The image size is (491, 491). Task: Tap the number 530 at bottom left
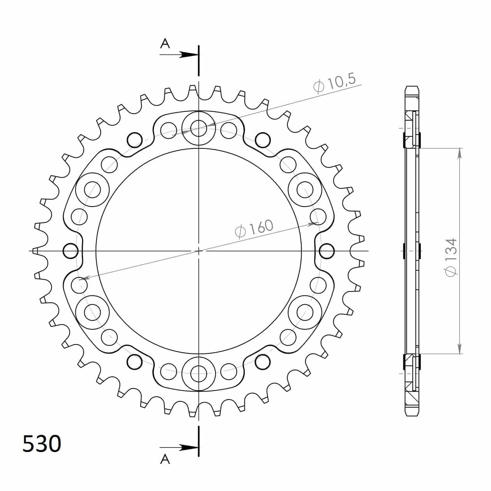coord(42,443)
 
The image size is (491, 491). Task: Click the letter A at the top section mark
coord(165,43)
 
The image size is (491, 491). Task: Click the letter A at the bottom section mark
coord(165,460)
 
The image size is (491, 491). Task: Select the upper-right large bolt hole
coord(305,189)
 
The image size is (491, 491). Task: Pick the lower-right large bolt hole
coord(305,312)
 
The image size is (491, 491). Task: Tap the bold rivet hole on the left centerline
coord(71,251)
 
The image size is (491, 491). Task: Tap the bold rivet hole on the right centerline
coord(327,251)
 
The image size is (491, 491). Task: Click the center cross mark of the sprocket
coord(199,251)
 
